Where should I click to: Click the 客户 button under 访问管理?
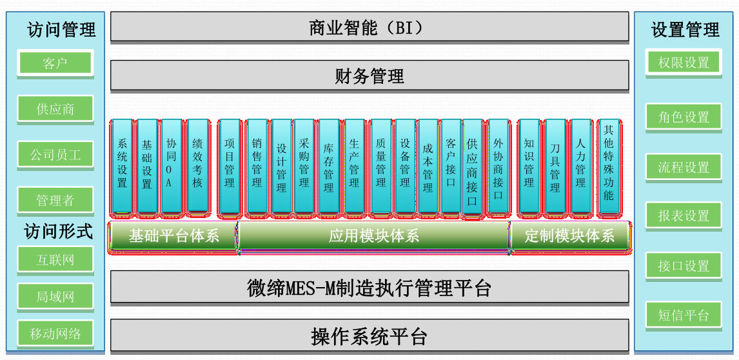coord(55,63)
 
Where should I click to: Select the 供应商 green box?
coord(55,109)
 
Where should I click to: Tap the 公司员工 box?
coord(55,155)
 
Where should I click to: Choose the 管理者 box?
coord(55,201)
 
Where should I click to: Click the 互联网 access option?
coord(55,260)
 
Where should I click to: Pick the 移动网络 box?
coord(55,334)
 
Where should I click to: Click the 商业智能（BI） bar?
coord(369,27)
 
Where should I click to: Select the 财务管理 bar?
coord(369,76)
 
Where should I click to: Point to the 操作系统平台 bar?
coord(369,336)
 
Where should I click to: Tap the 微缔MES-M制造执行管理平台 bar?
coord(369,288)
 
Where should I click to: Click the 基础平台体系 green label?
coord(173,235)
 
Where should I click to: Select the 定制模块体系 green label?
coord(569,235)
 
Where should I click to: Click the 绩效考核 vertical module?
coord(197,166)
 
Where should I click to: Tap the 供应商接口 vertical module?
coord(472,166)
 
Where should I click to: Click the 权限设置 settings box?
coord(684,63)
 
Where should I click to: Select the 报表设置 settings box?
coord(684,216)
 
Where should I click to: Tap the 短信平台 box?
coord(684,315)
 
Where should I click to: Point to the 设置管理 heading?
coord(685,30)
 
